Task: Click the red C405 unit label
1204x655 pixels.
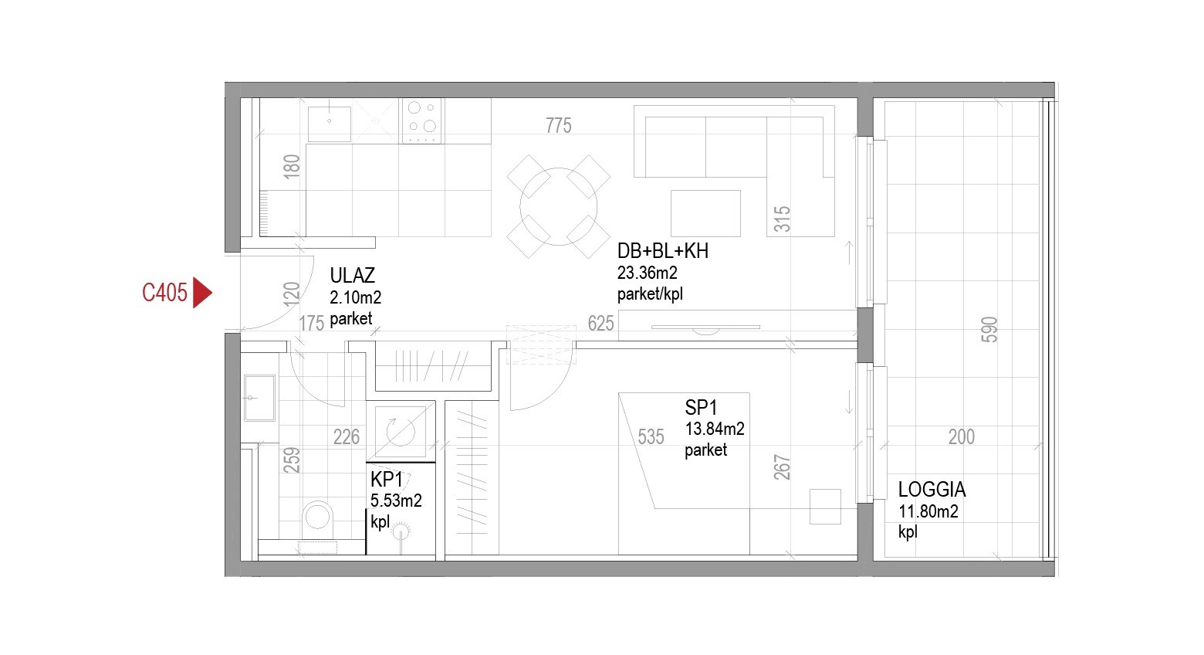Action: point(164,293)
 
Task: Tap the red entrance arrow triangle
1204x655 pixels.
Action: point(201,293)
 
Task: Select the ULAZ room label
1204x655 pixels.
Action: point(352,276)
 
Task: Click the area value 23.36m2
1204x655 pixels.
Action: point(647,273)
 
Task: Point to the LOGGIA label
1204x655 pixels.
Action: point(932,490)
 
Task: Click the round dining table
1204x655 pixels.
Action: point(559,206)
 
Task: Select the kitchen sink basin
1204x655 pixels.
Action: point(329,124)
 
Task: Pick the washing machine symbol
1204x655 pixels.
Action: point(401,431)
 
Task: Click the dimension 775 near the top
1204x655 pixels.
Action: point(559,126)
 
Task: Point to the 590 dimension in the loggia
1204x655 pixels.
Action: point(989,330)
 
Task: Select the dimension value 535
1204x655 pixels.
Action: point(651,436)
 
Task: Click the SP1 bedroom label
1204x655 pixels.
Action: point(701,408)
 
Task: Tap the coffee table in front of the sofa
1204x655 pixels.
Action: point(705,213)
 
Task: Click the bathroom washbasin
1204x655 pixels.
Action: point(259,398)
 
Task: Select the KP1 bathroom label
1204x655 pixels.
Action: point(387,479)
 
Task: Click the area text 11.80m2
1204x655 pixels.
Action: point(928,511)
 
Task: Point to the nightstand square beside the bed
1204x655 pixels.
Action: point(826,507)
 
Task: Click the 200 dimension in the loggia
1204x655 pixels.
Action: point(962,436)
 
